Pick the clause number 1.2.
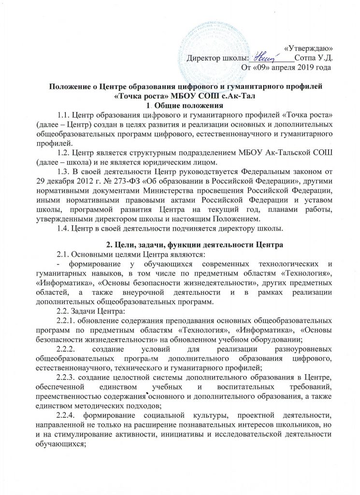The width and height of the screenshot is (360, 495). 64,152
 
